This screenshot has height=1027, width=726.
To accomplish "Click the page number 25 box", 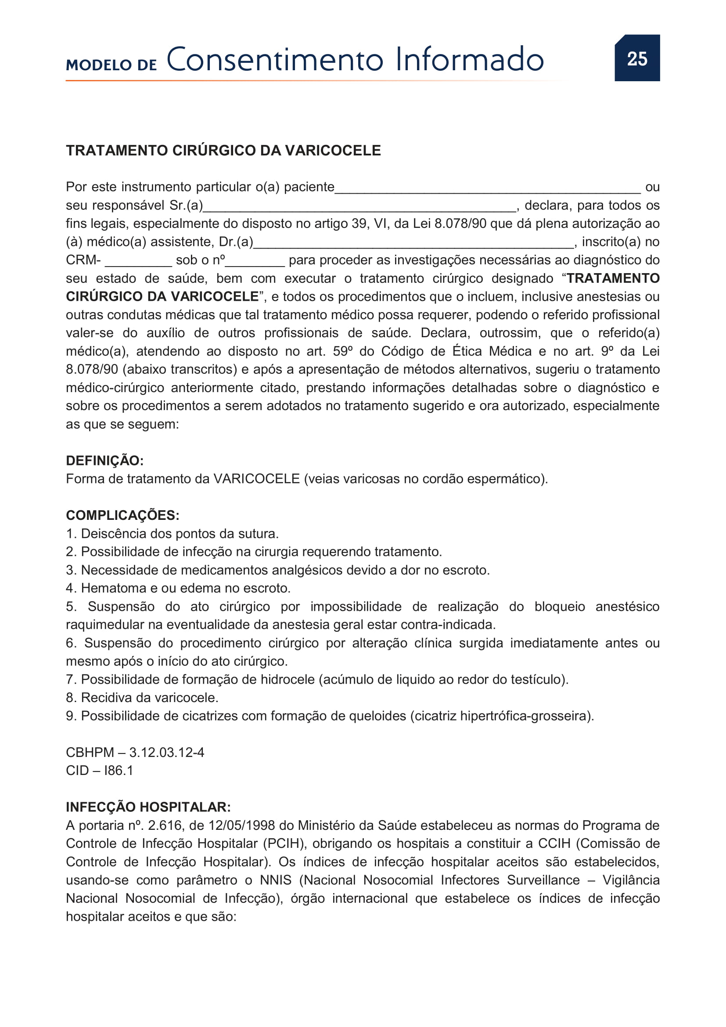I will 636,58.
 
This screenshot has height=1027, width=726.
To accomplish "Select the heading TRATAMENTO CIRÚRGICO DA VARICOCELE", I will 223,150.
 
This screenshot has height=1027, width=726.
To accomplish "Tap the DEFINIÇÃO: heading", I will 104,460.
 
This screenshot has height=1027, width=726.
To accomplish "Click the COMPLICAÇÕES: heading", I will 122,515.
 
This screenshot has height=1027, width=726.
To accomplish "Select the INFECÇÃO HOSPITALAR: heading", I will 148,807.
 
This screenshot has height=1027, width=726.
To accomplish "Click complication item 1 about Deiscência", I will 172,533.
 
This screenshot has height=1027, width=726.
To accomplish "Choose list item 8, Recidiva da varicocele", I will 142,698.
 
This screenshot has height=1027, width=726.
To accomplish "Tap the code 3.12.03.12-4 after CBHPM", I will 167,753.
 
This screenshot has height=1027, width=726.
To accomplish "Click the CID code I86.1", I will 119,771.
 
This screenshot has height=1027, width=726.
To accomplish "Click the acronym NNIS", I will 275,880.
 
